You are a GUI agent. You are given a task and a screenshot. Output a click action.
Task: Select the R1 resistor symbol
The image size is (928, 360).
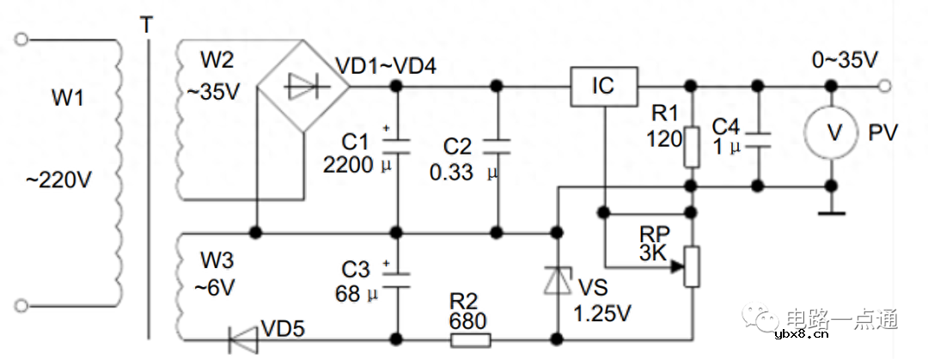tap(693, 147)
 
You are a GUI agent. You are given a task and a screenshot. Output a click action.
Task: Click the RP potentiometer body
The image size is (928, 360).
tap(693, 267)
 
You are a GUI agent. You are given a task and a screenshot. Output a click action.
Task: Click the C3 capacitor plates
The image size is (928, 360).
tap(396, 275)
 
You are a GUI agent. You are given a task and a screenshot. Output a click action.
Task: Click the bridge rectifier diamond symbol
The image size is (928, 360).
tap(303, 86)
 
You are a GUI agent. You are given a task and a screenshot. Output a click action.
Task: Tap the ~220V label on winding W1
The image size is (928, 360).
tap(59, 182)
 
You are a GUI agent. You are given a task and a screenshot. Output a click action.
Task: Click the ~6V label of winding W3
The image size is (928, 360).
tap(217, 288)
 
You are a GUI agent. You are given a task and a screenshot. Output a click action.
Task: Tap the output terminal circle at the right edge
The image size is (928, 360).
tap(885, 86)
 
